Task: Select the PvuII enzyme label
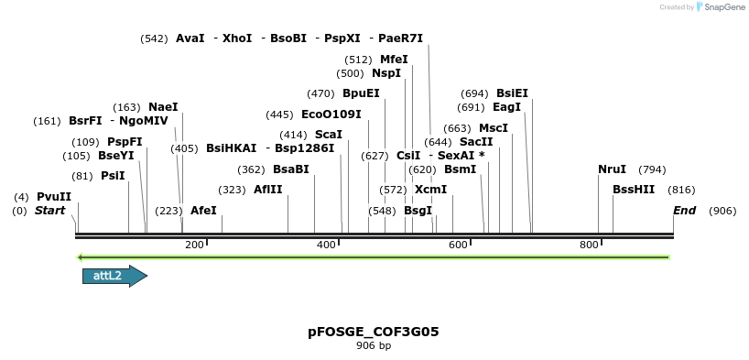54,197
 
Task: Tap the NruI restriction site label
612,169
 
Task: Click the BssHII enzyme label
634,190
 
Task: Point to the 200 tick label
194,245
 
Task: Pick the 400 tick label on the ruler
327,245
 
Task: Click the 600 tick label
458,245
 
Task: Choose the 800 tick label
589,245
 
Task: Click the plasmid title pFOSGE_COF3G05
374,332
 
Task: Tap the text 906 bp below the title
374,346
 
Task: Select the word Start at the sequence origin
49,211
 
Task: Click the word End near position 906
685,211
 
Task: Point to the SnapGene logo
723,7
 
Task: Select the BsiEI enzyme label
512,93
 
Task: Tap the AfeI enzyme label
203,211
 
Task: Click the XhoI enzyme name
237,38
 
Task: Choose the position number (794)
652,169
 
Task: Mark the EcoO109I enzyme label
331,115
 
